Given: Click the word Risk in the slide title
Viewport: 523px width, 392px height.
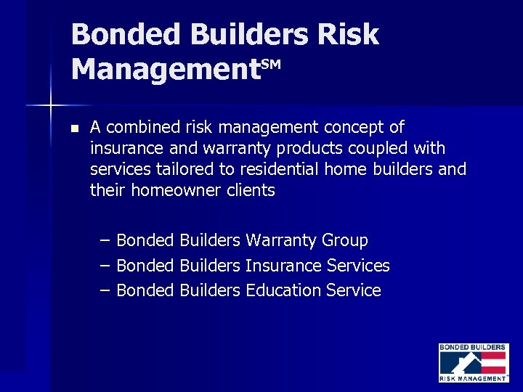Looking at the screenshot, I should coord(348,34).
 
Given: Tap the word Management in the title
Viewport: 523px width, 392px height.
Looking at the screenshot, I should coord(166,70).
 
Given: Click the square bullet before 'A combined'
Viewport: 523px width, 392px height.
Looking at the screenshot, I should coord(73,128).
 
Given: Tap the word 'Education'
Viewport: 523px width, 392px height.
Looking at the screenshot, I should coord(283,290).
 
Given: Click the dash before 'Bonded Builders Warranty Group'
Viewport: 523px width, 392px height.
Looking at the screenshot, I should coord(105,240).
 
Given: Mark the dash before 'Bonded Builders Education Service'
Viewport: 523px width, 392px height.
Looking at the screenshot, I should coord(105,290).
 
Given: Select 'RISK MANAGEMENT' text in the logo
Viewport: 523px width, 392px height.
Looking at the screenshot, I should coord(473,378).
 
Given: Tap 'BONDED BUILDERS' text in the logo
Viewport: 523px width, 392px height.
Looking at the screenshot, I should coord(473,348).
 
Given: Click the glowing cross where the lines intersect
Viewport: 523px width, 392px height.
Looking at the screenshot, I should coord(50,106).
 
